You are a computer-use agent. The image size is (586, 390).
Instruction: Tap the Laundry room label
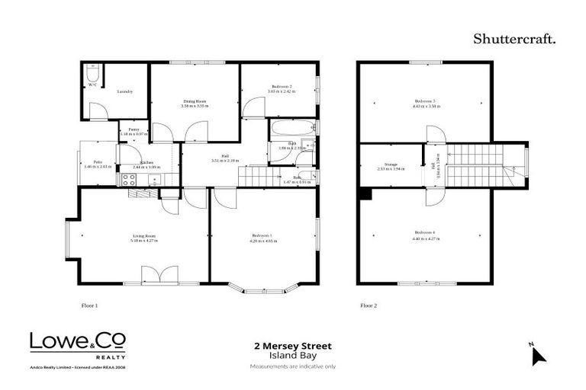(125, 91)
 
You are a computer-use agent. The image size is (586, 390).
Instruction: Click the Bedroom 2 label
(281, 87)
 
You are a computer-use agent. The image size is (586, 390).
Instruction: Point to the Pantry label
(134, 130)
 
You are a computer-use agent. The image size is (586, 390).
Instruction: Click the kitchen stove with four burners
(130, 181)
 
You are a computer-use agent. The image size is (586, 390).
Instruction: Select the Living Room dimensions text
(144, 241)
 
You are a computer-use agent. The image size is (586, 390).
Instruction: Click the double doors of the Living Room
(159, 274)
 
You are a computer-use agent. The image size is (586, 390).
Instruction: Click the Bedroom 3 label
(425, 101)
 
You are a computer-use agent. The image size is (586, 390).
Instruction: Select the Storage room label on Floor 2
(391, 164)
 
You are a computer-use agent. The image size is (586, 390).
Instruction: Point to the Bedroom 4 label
(425, 232)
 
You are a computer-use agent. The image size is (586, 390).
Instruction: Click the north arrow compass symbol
(538, 354)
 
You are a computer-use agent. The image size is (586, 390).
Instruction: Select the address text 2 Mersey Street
(292, 346)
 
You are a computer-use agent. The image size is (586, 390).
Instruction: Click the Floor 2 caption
(369, 305)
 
